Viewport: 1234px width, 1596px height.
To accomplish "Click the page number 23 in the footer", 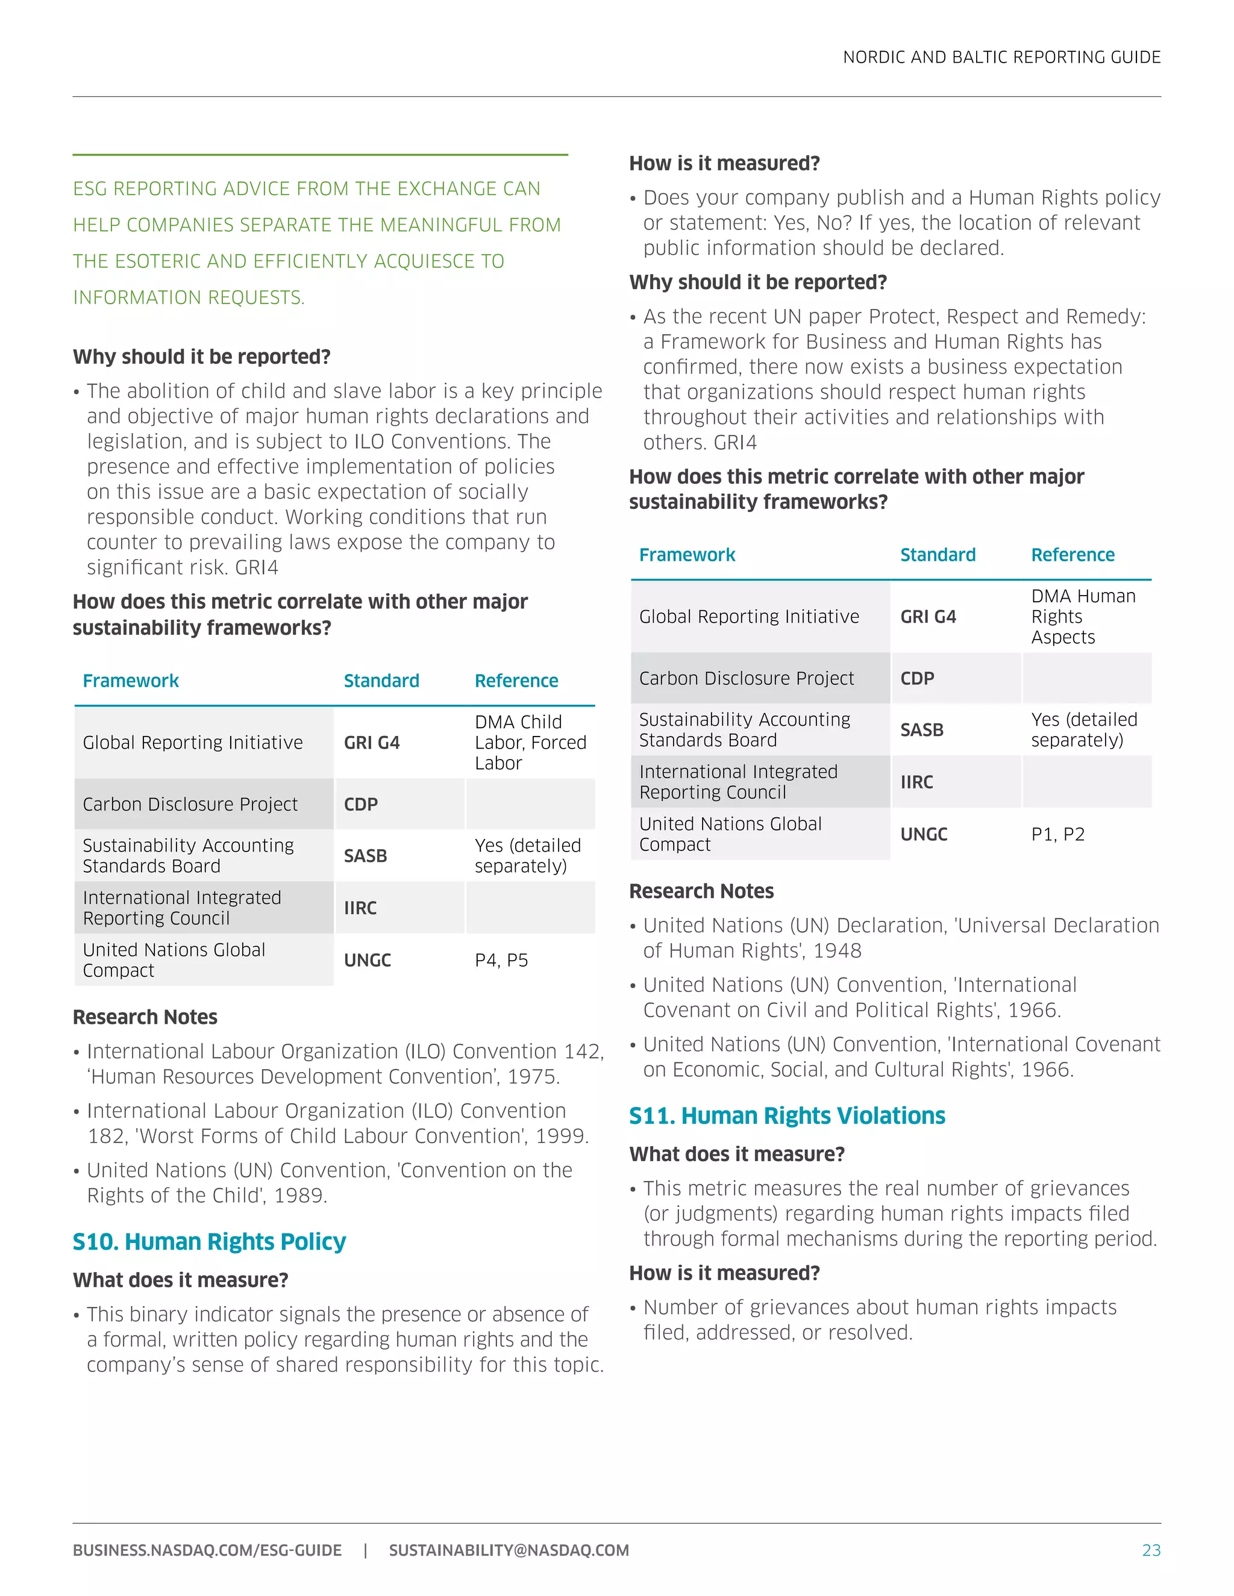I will coord(1151,1550).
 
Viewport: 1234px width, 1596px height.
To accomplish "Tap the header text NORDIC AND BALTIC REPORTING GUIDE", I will coord(1001,57).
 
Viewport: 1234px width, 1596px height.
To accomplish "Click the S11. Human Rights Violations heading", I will coord(786,1115).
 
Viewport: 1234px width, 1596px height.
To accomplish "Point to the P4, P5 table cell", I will coord(501,959).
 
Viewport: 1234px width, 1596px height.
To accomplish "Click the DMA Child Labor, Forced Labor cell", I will coord(530,742).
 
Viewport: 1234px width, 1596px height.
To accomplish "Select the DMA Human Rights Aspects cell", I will coord(1083,616).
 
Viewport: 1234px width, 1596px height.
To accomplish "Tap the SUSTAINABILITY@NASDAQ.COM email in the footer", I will coord(508,1550).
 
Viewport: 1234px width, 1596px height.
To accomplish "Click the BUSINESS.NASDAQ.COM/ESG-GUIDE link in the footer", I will coord(207,1550).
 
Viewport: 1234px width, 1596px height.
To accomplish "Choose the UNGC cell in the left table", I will coord(367,959).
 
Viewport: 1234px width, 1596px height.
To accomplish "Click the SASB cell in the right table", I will coord(921,729).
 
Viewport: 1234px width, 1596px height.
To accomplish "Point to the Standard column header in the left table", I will coord(381,681).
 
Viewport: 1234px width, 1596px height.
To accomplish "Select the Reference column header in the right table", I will coord(1072,555).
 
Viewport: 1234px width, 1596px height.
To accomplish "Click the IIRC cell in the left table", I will coord(360,908).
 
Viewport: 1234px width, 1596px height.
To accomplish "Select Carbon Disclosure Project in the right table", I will coord(746,678).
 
